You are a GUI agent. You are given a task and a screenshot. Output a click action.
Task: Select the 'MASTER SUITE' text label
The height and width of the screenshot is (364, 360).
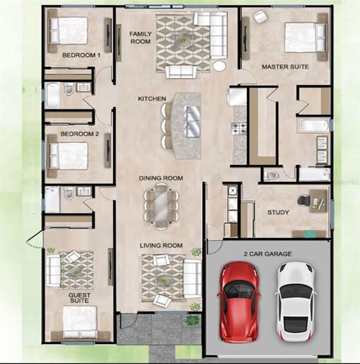coord(285,67)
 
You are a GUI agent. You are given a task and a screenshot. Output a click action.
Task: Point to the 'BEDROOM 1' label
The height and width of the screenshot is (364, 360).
coord(81,55)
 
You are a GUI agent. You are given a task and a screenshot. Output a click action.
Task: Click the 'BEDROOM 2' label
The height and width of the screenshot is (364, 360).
coord(79,134)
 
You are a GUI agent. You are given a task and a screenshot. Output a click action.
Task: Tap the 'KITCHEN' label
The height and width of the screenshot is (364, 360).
coord(152,99)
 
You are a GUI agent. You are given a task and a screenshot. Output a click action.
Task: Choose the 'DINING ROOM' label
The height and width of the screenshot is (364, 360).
coord(161,179)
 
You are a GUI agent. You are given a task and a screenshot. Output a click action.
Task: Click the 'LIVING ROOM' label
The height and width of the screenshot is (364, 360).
coord(161,245)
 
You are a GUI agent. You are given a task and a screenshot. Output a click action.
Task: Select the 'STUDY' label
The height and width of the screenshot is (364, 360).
coord(278,213)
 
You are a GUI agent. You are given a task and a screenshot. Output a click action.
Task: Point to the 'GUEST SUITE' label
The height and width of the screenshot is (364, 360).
coord(79,298)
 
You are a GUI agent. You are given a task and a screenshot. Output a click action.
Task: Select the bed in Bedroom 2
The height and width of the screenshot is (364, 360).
coord(68,155)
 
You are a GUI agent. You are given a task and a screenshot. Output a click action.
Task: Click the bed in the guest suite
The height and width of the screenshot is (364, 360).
coord(79,322)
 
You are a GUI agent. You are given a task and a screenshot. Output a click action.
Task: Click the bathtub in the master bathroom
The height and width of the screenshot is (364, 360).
coord(313,125)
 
